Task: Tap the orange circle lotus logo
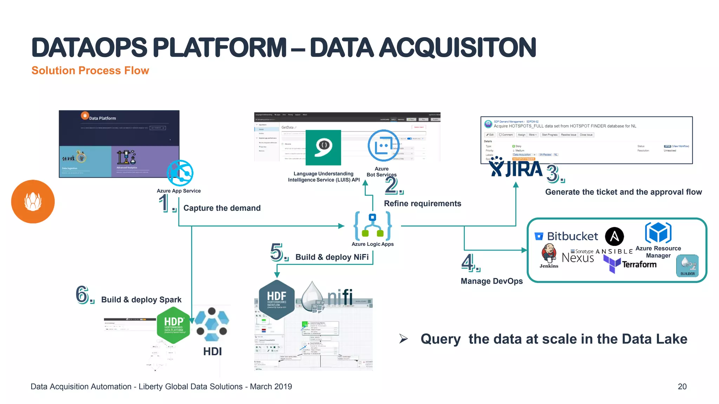click(x=33, y=202)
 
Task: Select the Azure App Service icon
click(x=180, y=173)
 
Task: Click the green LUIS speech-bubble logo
click(x=323, y=148)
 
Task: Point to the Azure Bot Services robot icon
click(x=383, y=146)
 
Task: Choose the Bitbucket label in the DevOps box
click(x=572, y=236)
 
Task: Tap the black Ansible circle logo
click(x=614, y=236)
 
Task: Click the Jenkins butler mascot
click(x=549, y=253)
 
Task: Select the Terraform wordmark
click(x=639, y=264)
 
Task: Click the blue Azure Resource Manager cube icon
click(x=658, y=233)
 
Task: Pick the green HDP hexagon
click(x=174, y=325)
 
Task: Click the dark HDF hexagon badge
click(x=277, y=300)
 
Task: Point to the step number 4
click(x=468, y=263)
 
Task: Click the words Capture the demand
click(x=222, y=208)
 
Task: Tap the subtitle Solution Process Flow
click(x=90, y=70)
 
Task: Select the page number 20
click(x=682, y=386)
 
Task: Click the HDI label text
click(x=212, y=351)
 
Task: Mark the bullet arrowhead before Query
click(x=403, y=338)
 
